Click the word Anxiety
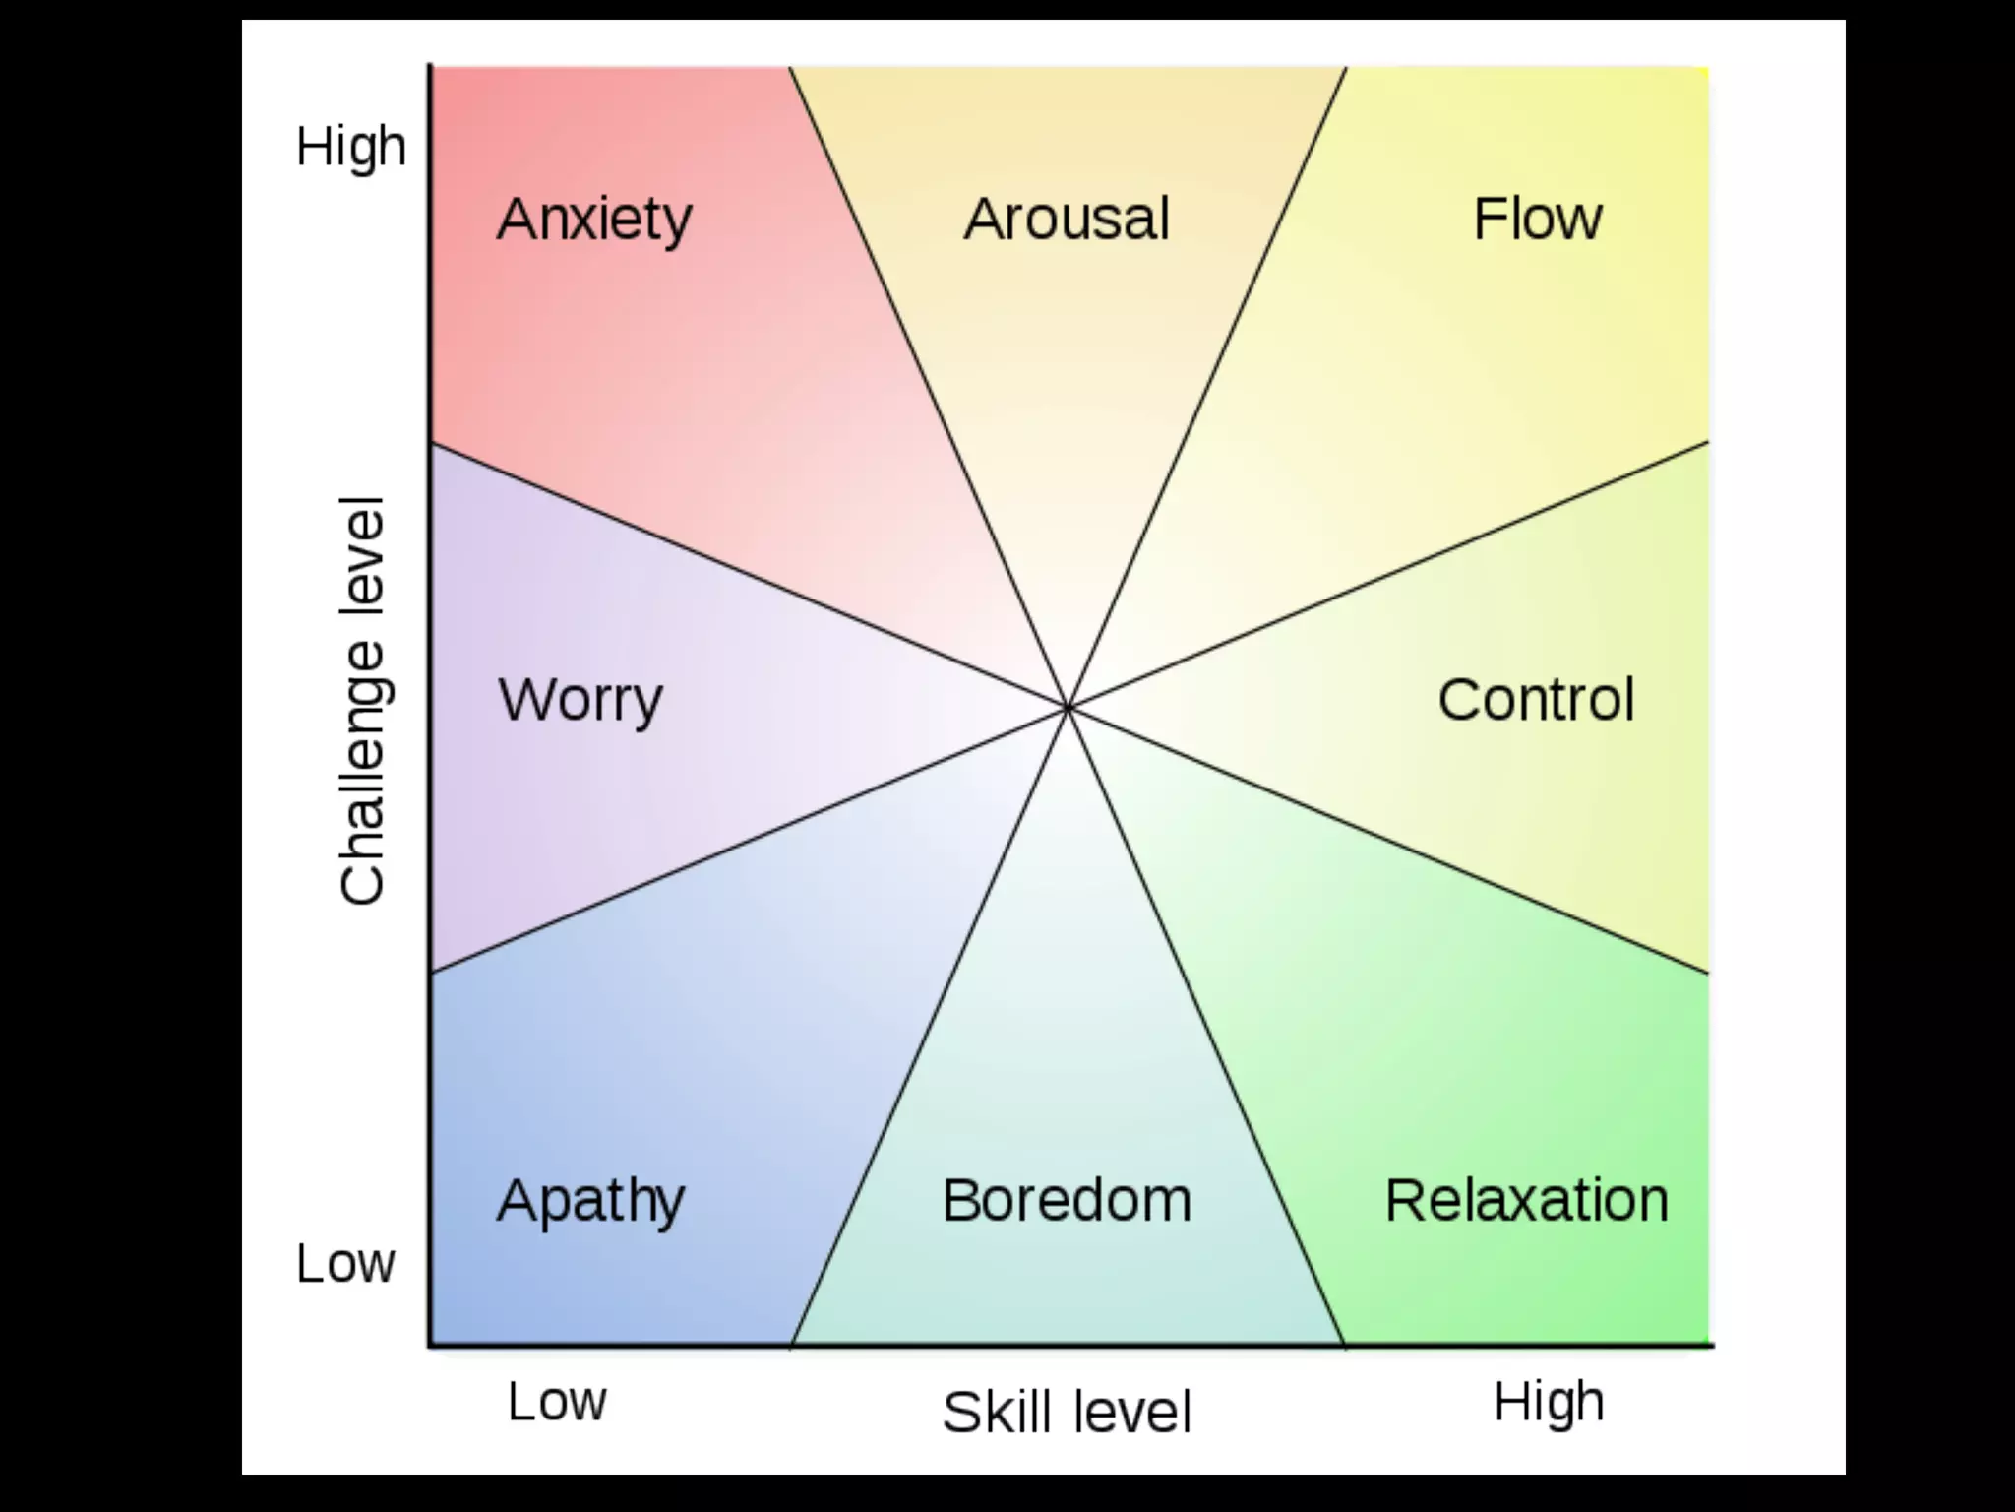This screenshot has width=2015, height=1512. [594, 219]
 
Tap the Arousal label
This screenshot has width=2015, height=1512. [1067, 219]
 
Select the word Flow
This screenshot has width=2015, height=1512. [1537, 219]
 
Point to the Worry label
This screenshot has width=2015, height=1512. [580, 700]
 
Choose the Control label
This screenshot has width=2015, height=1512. [1536, 700]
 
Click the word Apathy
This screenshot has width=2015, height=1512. [590, 1201]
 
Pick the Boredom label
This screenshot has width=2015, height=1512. [1067, 1201]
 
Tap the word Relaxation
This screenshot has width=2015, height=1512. [1526, 1201]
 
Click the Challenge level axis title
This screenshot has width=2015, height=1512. [361, 700]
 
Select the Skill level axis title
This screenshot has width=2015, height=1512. [1067, 1412]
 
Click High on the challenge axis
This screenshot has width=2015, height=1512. [351, 148]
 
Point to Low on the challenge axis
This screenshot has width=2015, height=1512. [345, 1263]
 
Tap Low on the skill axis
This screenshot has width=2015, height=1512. [557, 1401]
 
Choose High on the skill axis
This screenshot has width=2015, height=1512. [1549, 1401]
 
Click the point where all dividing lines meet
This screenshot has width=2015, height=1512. [1068, 707]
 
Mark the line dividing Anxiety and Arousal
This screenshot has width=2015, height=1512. [928, 386]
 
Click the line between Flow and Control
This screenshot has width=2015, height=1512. [1387, 575]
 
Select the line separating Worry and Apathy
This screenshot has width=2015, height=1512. [748, 840]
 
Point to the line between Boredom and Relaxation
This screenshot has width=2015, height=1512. [1206, 1026]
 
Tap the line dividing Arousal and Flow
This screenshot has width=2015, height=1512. [1207, 386]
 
